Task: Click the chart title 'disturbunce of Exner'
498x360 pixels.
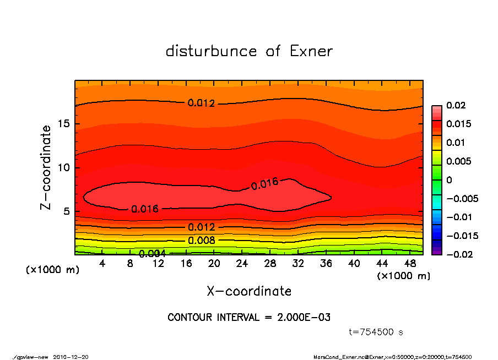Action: [249, 52]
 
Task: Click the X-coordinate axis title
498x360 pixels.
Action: [249, 291]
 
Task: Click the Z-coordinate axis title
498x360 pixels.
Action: [46, 167]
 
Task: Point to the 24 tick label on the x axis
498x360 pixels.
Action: [242, 264]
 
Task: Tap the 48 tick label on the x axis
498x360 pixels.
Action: [410, 264]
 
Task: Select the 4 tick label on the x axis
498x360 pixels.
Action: [102, 264]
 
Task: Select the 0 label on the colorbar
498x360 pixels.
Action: [449, 180]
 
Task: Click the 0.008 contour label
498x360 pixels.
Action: [201, 241]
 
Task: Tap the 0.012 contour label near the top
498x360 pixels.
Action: [201, 103]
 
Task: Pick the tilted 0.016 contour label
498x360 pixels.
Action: [264, 184]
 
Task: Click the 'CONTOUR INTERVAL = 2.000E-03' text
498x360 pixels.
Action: [249, 318]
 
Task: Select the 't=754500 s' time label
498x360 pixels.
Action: [376, 332]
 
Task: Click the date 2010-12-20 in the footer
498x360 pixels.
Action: [71, 357]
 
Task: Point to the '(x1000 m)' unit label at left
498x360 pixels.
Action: [50, 270]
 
